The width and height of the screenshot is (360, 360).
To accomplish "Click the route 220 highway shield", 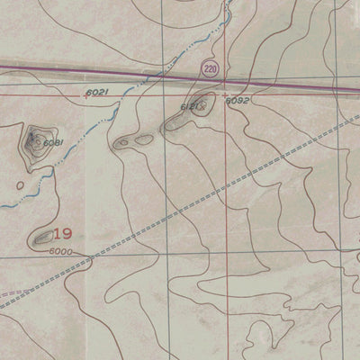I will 210,68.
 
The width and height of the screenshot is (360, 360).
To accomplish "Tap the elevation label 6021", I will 96,93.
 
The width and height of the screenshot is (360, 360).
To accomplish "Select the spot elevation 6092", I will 237,101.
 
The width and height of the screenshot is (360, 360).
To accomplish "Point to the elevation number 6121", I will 189,107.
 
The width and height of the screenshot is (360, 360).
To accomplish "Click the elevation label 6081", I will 53,142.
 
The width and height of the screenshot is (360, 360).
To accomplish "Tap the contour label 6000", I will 61,252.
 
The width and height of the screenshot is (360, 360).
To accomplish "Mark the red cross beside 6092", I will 224,94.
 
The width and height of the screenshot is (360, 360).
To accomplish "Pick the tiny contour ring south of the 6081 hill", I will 20,185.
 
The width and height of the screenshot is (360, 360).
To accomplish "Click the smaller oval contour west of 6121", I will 123,142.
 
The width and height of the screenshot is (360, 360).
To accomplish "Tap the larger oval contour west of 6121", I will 144,139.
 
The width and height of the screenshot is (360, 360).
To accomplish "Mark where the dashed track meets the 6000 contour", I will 91,262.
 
